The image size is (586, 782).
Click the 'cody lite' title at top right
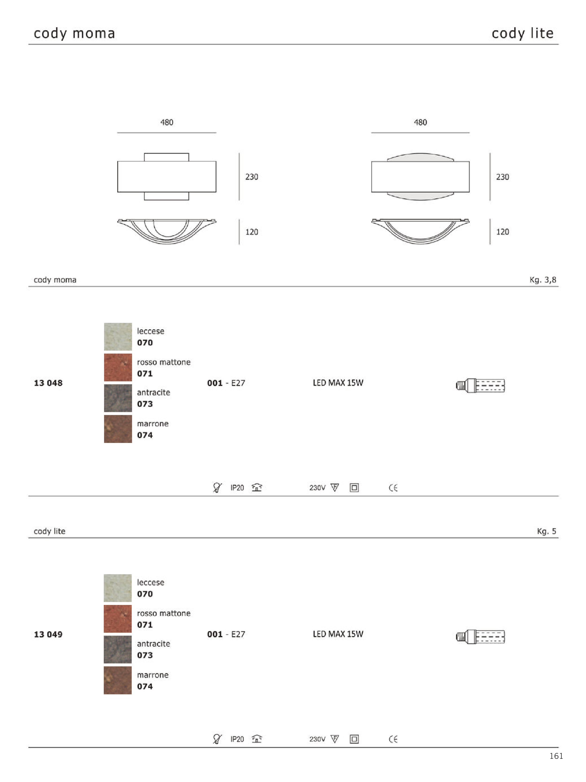point(522,33)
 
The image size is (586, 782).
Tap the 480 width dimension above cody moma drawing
point(167,122)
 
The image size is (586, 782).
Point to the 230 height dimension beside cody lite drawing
point(502,177)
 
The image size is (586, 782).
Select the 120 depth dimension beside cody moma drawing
point(252,232)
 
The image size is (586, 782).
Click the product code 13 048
point(48,383)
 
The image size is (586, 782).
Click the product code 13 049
point(48,634)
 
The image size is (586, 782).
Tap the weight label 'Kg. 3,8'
point(543,280)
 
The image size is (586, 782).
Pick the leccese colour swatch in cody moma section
point(118,337)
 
